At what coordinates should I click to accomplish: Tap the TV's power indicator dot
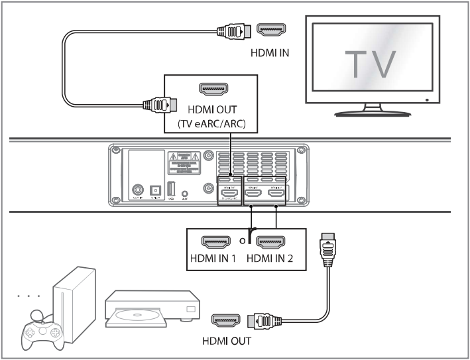tap(426, 100)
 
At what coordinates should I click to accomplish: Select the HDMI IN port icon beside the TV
tap(270, 29)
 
